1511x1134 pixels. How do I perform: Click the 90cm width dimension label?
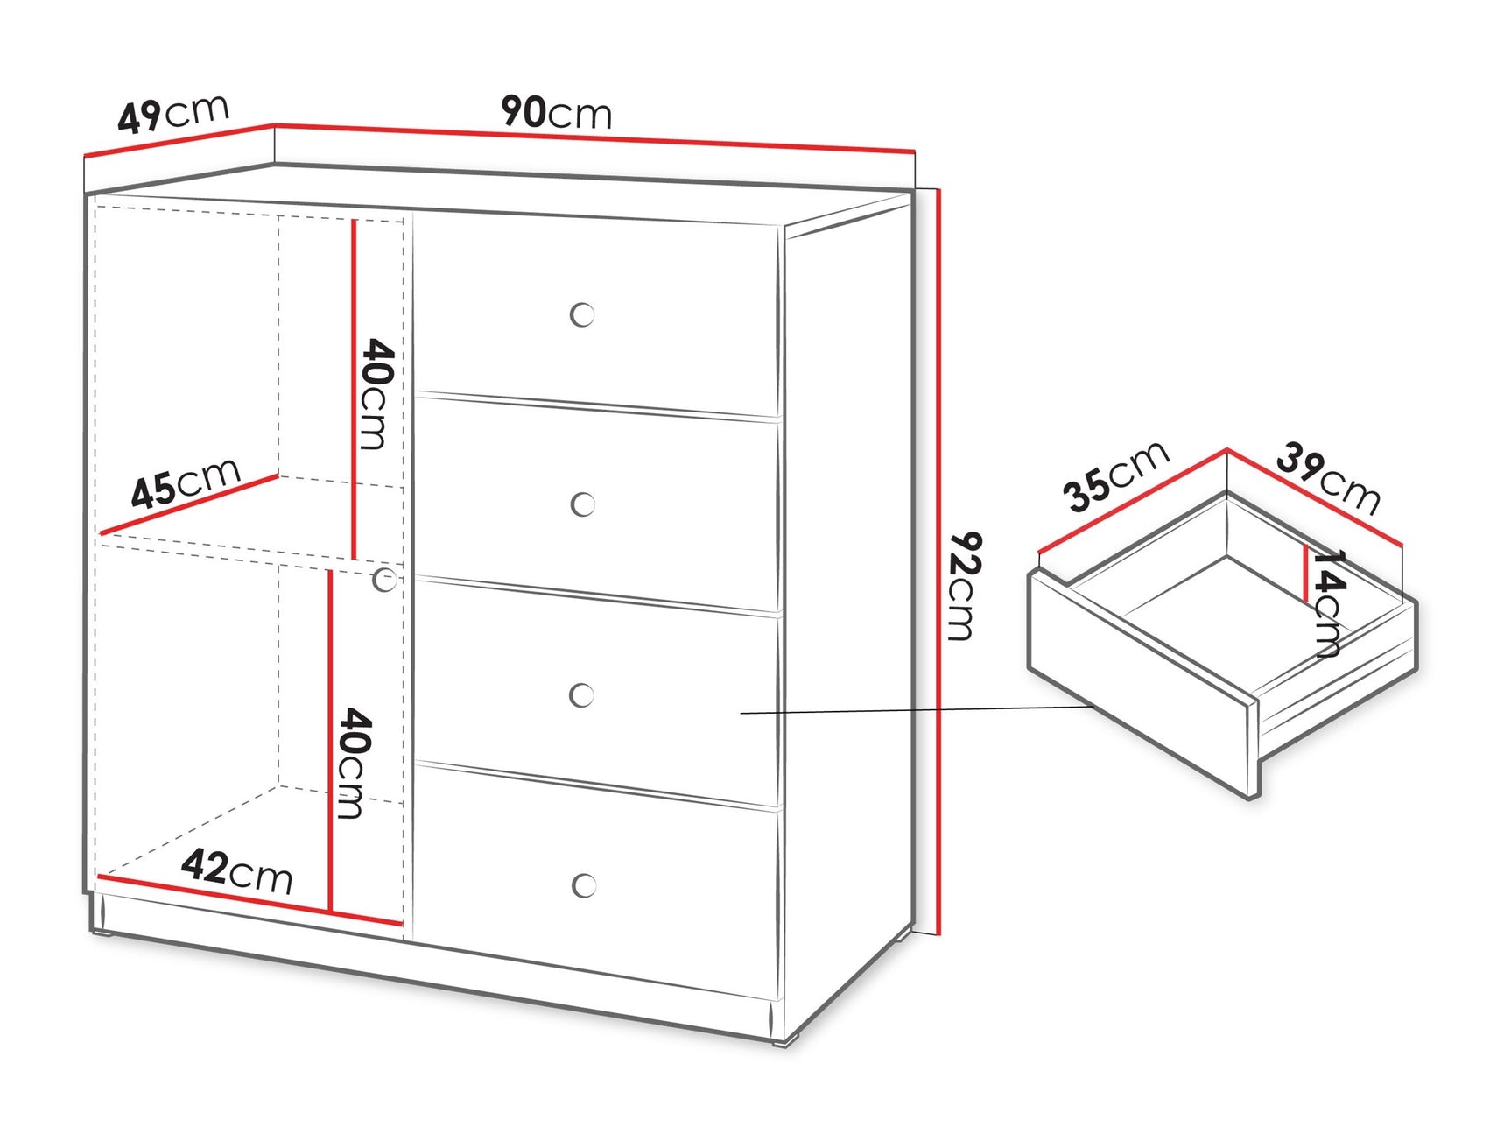point(556,113)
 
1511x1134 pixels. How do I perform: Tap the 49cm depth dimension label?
point(173,114)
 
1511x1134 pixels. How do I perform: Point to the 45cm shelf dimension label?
point(186,482)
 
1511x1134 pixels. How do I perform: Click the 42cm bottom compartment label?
point(236,871)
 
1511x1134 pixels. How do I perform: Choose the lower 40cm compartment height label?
point(355,764)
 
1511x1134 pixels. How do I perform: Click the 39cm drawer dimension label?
point(1328,479)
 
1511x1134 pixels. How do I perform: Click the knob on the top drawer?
point(582,314)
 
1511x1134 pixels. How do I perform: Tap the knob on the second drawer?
point(583,504)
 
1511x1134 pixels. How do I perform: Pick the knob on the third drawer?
point(582,695)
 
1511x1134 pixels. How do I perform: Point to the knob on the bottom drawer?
point(584,885)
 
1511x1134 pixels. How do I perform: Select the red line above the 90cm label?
point(595,138)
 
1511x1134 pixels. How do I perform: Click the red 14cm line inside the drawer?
point(1306,573)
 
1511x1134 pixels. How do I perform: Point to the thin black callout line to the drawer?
point(917,710)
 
